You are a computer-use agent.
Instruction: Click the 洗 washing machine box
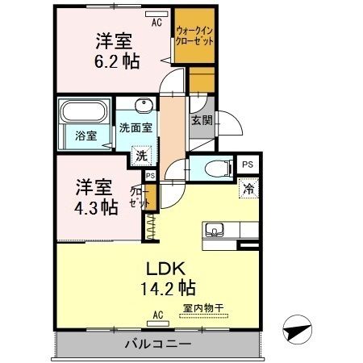(141, 155)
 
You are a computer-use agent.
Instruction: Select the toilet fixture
(215, 169)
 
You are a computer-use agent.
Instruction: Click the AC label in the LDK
(158, 315)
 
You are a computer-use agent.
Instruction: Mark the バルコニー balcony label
(157, 344)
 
